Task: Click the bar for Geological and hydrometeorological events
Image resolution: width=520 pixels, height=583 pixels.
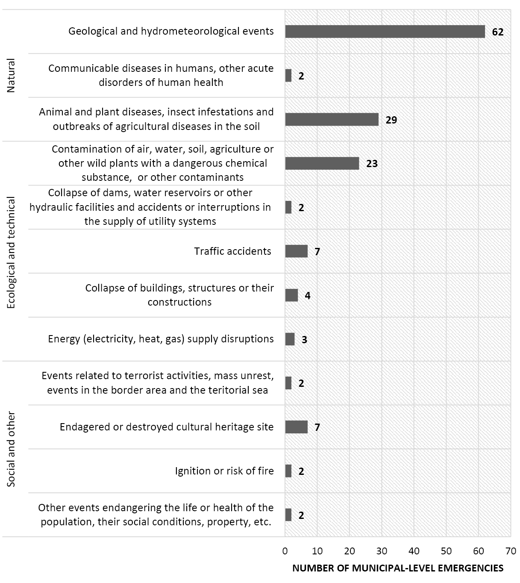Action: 385,32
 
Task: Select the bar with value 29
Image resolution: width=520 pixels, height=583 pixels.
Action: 332,120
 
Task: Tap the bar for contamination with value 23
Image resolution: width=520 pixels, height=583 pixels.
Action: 322,164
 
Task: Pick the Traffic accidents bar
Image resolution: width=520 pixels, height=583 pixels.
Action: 296,251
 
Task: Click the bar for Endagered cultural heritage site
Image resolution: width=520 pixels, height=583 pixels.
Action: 296,427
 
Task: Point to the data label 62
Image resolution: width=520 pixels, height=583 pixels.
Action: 498,32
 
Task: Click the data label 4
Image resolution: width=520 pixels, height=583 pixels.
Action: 307,295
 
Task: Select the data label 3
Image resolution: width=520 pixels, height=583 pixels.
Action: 304,340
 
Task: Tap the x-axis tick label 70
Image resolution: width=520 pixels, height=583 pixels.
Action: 510,551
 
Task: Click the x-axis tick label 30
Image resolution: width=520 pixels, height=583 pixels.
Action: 382,551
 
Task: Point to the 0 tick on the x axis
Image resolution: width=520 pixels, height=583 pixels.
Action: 285,551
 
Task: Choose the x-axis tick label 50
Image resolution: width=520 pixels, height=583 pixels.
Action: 446,551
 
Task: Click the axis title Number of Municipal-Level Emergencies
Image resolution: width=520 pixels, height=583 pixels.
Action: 397,568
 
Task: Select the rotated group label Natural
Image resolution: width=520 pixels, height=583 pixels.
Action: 11,75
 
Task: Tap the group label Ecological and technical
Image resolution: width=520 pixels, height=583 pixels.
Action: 11,252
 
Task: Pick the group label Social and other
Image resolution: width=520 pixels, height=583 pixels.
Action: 11,449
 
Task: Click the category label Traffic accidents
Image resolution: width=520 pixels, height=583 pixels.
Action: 232,251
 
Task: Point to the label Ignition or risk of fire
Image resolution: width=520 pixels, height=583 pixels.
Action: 224,471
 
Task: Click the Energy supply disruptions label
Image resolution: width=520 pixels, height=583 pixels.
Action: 161,339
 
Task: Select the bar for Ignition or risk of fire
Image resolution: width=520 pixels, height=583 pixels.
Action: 288,471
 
